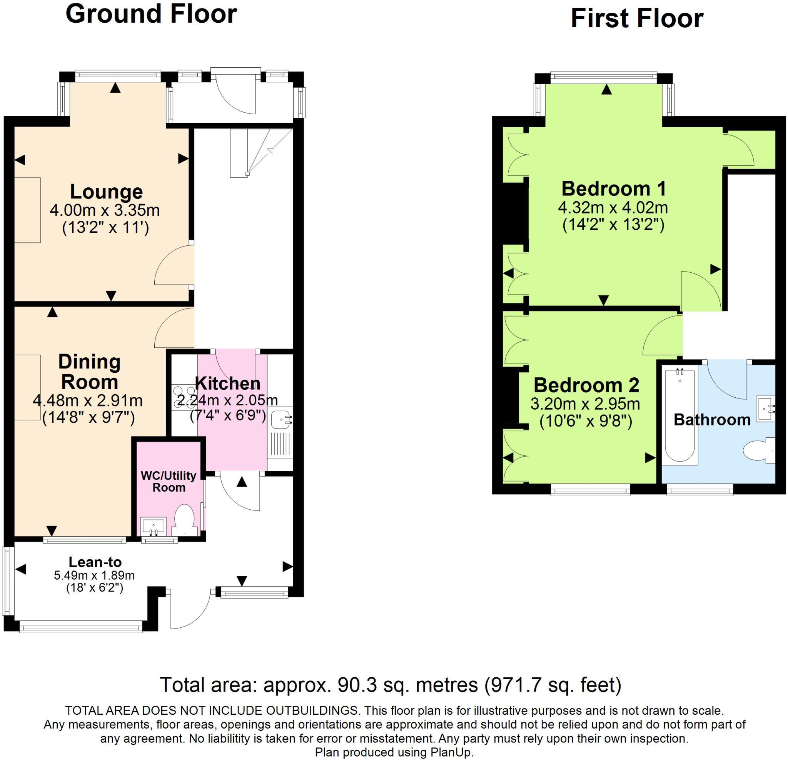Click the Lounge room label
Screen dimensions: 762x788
pyautogui.click(x=106, y=192)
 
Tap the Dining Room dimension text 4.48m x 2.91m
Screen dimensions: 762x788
pyautogui.click(x=88, y=400)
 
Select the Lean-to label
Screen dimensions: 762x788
pyautogui.click(x=95, y=562)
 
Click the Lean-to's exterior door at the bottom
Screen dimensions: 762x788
pyautogui.click(x=189, y=610)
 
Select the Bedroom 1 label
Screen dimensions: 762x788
pyautogui.click(x=614, y=188)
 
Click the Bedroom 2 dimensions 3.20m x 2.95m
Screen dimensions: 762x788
pyautogui.click(x=585, y=404)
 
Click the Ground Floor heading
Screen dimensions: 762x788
pyautogui.click(x=151, y=14)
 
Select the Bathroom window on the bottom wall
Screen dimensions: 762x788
pyautogui.click(x=700, y=489)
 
